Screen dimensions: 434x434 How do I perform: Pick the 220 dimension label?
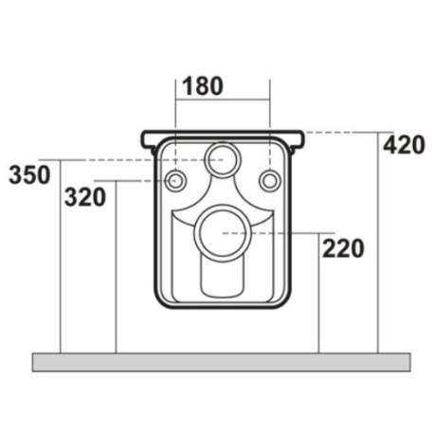coord(343,249)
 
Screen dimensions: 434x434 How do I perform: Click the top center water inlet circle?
coord(224,158)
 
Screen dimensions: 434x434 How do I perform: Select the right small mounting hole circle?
coord(269,180)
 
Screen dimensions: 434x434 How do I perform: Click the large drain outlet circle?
coord(224,230)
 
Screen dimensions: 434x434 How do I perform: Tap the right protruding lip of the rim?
coord(299,140)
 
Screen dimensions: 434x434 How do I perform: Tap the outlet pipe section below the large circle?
coord(224,275)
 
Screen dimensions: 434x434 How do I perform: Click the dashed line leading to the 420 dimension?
coord(341,131)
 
